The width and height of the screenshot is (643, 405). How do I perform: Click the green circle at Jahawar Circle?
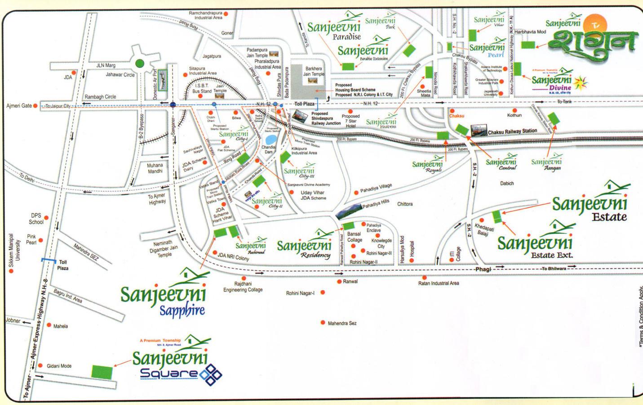tap(140, 63)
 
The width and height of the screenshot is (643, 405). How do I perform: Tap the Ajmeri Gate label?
tap(19, 106)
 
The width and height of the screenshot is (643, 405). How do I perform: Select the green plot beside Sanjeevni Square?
tap(102, 372)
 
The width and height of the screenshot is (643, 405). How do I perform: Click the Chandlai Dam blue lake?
tap(271, 139)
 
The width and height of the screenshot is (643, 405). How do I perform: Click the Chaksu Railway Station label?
tap(512, 131)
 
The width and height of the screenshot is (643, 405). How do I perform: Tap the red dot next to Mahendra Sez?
tap(323, 323)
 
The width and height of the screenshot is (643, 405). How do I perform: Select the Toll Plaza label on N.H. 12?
tap(304, 104)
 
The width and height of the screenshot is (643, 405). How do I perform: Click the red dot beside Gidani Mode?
tap(40, 366)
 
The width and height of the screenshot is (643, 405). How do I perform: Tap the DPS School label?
tap(36, 219)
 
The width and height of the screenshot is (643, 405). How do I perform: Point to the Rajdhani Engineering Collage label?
tap(243, 287)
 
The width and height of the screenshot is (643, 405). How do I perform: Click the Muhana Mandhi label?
tap(155, 168)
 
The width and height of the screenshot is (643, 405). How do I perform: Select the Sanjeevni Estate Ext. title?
tap(535, 247)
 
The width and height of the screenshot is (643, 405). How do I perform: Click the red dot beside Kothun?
tap(514, 110)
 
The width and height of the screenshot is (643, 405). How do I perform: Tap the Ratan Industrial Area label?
tap(439, 283)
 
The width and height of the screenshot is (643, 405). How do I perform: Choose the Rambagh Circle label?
tap(100, 97)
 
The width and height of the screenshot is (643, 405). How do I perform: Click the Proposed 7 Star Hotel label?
tap(350, 121)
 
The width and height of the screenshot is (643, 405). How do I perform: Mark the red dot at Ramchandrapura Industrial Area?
tap(226, 14)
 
